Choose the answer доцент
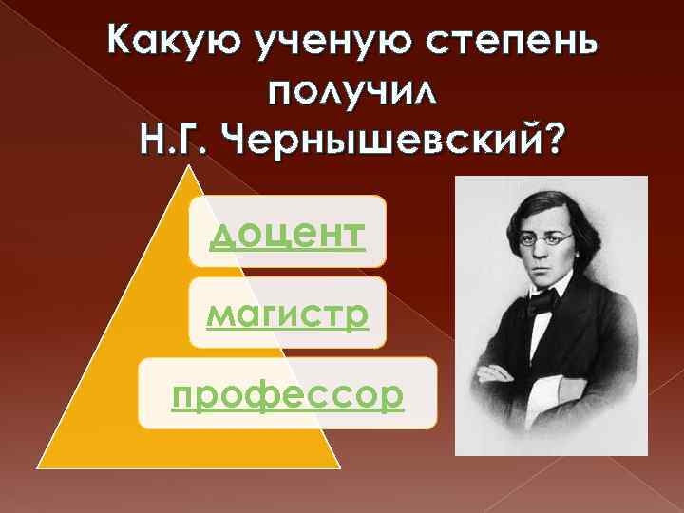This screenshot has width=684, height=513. pyautogui.click(x=288, y=233)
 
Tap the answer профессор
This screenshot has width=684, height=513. pyautogui.click(x=288, y=394)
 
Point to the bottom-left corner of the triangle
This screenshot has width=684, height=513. pyautogui.click(x=40, y=466)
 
